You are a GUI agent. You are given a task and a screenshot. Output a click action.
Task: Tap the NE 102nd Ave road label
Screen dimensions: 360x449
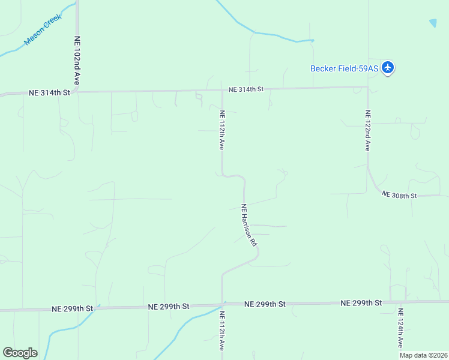77,60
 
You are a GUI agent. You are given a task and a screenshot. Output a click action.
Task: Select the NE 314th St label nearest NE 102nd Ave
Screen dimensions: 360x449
50,93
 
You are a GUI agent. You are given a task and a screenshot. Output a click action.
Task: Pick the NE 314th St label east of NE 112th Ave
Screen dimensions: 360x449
246,89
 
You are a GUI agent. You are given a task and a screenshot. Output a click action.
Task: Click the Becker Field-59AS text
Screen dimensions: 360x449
344,68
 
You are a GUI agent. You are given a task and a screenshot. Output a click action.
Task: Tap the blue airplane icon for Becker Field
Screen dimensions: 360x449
388,67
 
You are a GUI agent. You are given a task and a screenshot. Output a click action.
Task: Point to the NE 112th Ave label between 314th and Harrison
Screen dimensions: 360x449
222,130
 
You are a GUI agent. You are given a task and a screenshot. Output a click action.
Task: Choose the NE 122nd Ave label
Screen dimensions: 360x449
368,130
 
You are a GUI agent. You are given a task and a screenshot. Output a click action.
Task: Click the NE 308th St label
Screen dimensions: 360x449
399,196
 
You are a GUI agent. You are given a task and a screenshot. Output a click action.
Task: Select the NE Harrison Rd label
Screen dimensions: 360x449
249,226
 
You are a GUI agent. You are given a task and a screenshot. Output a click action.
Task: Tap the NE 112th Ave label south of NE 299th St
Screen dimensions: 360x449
221,331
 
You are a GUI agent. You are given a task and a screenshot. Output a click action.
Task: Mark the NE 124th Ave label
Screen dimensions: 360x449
400,328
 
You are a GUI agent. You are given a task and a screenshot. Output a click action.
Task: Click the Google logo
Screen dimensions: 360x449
20,352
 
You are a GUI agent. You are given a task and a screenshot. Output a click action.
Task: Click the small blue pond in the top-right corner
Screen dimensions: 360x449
433,23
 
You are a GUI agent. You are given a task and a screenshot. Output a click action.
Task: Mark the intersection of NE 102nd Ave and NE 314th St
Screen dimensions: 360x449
77,92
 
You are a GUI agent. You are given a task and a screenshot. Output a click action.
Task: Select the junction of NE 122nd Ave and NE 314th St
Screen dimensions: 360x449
367,87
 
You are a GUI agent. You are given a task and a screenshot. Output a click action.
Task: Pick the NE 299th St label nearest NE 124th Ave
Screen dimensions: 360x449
361,303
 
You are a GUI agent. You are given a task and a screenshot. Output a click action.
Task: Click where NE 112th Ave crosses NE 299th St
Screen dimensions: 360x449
222,305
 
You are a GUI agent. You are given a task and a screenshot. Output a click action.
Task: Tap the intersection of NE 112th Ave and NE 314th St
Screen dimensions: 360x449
222,90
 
